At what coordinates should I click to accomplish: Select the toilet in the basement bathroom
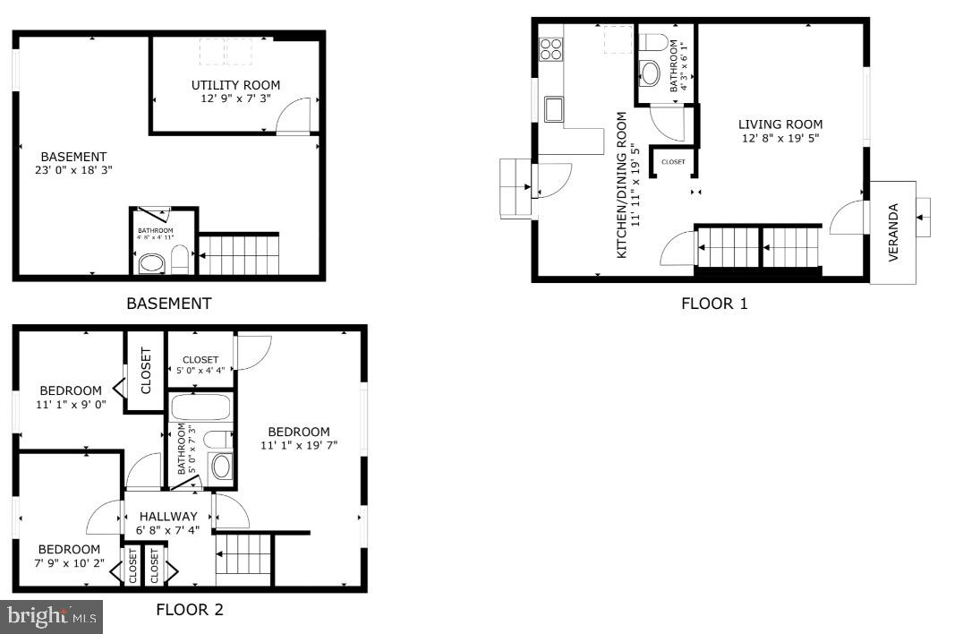click(x=180, y=260)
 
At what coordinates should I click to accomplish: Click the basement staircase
click(x=239, y=253)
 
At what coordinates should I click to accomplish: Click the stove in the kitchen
click(x=551, y=48)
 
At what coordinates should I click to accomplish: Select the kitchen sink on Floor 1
click(x=553, y=109)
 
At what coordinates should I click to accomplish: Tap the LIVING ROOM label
click(x=780, y=124)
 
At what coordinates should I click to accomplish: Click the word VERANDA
click(x=893, y=233)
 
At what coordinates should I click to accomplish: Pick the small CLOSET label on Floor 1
click(x=673, y=162)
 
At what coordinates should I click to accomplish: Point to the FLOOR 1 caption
click(x=714, y=304)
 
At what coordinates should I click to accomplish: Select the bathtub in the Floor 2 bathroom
click(x=200, y=408)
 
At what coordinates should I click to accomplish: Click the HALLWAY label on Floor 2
click(x=167, y=516)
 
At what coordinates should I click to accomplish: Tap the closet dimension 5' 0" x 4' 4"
click(x=200, y=368)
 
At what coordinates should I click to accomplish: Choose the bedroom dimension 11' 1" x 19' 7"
click(x=299, y=445)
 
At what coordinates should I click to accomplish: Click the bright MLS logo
click(x=52, y=616)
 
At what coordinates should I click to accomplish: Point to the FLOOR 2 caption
click(x=190, y=610)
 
